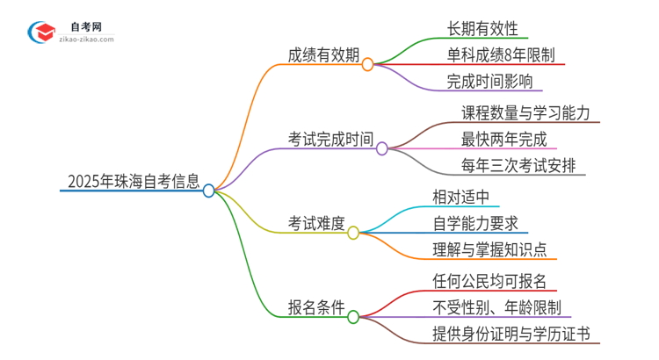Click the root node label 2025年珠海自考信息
131,182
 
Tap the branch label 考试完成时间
330,139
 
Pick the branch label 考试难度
317,223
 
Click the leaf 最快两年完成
503,139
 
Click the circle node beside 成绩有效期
367,64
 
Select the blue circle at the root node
208,190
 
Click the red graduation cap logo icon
41,32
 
